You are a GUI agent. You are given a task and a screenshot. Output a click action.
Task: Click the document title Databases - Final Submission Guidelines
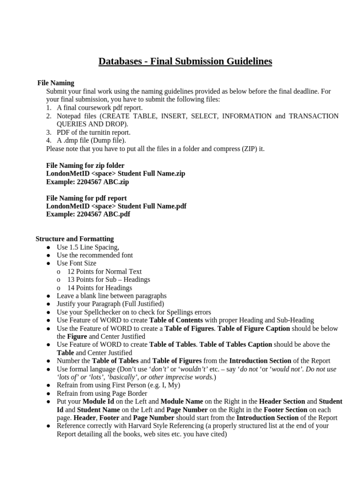point(185,62)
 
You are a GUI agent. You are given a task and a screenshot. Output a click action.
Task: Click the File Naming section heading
point(56,83)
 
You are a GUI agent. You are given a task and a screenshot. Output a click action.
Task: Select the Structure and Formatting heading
point(74,239)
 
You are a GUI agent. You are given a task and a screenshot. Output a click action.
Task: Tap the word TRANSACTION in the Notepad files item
point(313,116)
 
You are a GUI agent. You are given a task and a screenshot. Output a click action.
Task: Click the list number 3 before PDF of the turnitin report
point(49,132)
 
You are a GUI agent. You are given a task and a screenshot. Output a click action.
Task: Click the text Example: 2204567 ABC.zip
point(87,182)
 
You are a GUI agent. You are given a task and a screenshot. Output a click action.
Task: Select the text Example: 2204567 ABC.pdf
point(88,214)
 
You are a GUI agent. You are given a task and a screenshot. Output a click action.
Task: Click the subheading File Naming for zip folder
point(85,165)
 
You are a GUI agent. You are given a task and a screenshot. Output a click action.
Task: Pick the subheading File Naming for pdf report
point(87,198)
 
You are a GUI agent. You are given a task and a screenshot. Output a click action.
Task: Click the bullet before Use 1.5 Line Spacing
point(49,247)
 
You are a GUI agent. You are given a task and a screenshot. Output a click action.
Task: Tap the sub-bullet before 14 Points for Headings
point(59,288)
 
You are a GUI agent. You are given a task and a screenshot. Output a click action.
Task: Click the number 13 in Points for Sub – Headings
point(71,279)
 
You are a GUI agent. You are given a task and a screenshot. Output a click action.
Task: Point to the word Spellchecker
point(92,312)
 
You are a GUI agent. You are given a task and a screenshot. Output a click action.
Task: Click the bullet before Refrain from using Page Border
point(49,393)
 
